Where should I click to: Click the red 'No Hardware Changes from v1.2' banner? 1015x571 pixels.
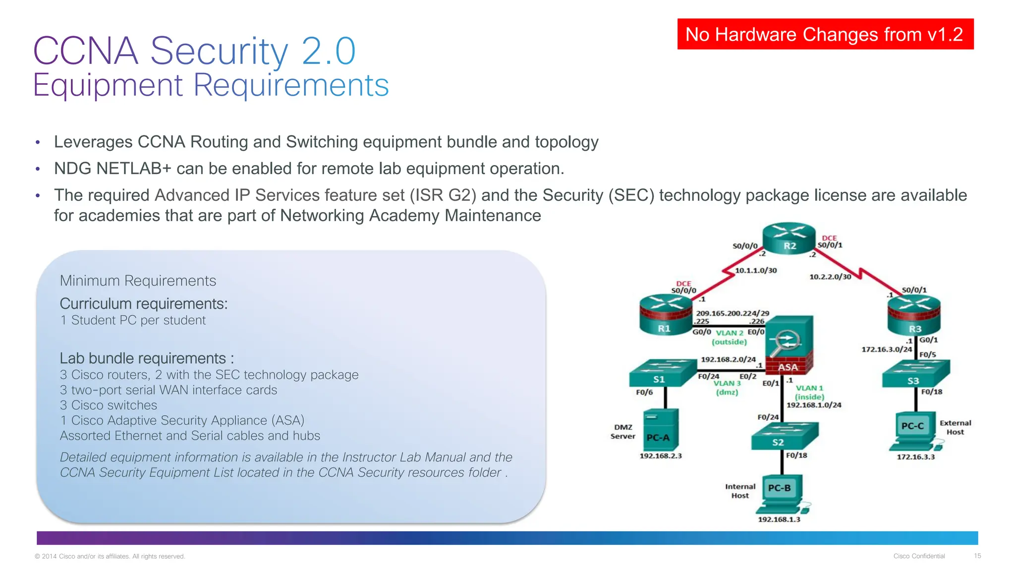825,34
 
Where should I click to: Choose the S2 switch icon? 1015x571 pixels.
784,436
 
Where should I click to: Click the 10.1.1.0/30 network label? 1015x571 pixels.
756,271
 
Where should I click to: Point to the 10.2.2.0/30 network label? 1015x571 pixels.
830,277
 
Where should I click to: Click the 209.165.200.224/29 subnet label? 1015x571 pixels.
733,313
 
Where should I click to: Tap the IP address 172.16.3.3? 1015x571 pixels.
915,457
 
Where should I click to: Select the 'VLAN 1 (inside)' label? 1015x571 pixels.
810,393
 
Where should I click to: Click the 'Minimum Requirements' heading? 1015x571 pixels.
138,281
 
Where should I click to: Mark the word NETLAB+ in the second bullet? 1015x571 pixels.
134,169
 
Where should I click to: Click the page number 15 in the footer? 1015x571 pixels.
977,556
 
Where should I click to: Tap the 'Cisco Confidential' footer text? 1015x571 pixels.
919,556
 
